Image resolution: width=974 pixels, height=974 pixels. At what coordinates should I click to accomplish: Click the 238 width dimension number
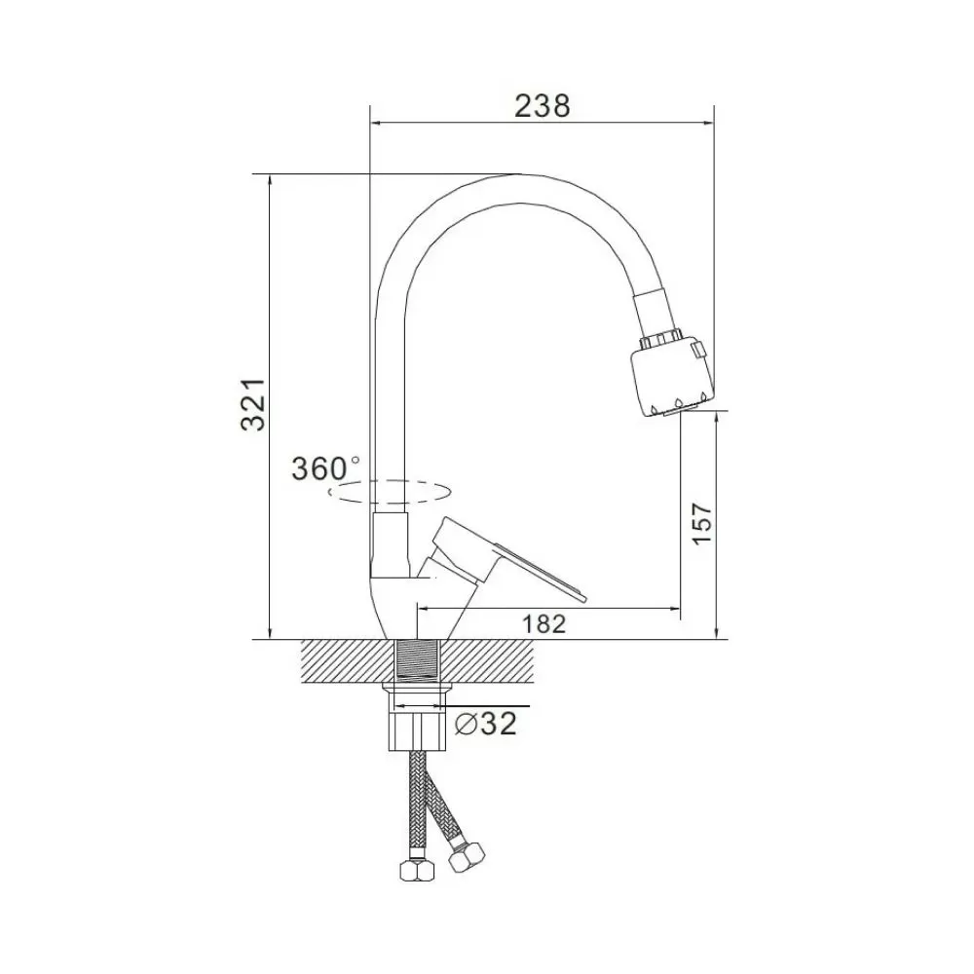542,106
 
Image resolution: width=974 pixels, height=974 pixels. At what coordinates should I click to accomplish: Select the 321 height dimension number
253,404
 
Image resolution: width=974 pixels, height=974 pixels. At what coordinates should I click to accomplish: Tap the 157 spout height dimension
702,524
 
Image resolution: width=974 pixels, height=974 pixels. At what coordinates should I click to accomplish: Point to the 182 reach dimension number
543,623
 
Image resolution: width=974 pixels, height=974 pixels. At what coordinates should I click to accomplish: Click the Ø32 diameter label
486,723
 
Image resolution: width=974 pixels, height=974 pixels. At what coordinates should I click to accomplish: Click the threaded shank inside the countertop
418,660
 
